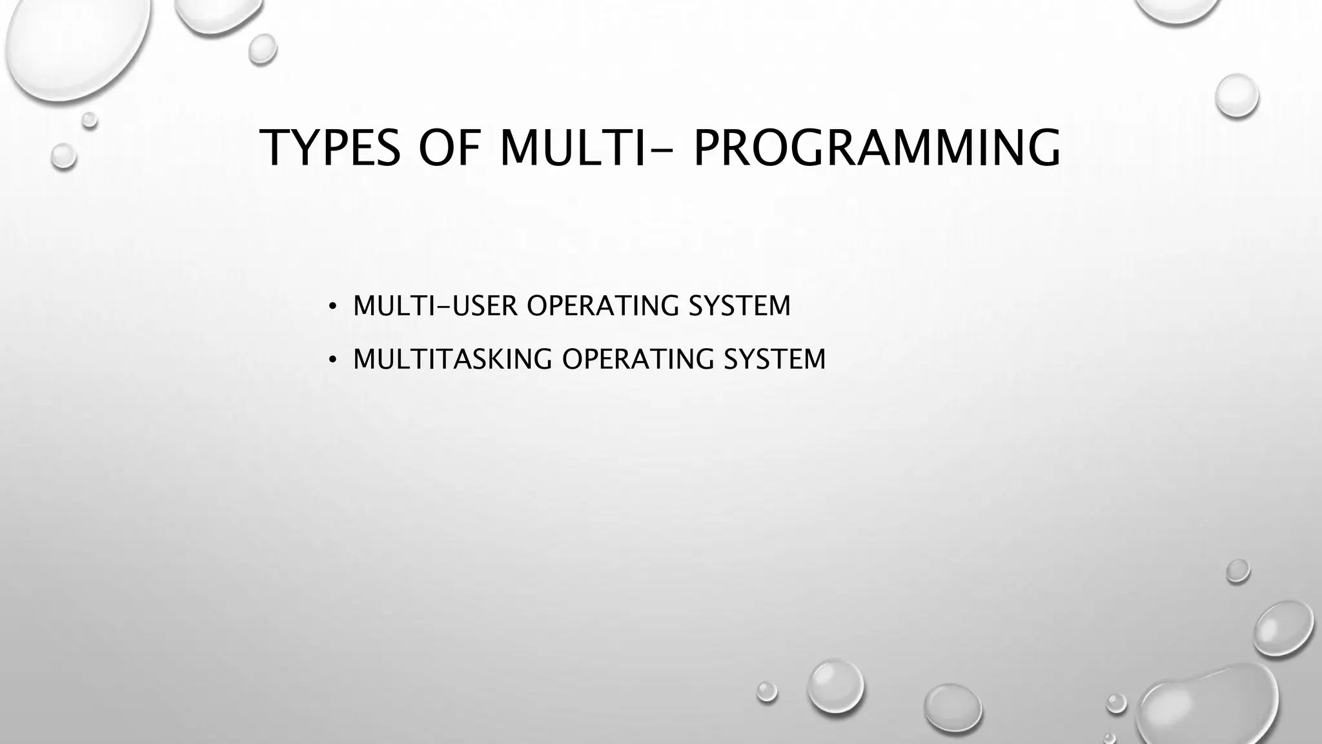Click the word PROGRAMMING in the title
coord(876,148)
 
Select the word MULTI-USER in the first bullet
coord(435,306)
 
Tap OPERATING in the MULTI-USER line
coord(603,306)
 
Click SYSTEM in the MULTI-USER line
coord(739,306)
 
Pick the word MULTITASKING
coord(453,360)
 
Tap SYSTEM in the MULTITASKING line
coord(775,360)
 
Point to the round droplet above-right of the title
coord(1236,96)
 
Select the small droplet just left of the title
coord(63,156)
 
